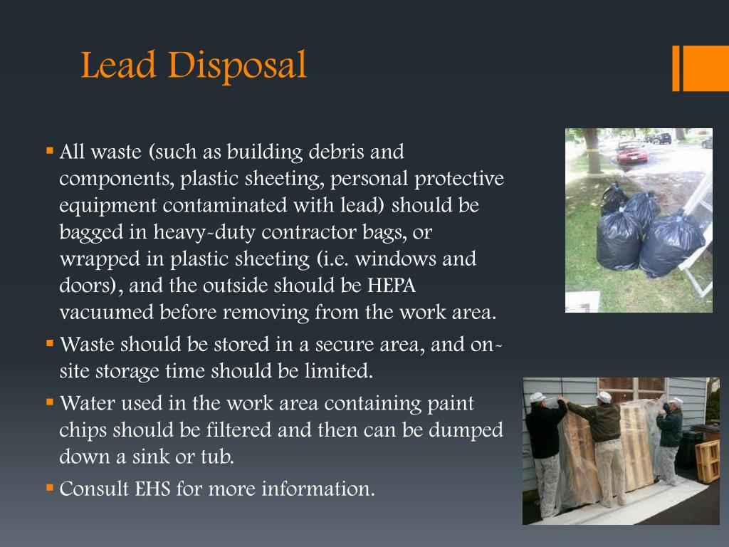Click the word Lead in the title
pos(118,66)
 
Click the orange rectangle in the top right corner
pos(706,68)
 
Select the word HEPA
pos(391,286)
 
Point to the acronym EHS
pos(150,489)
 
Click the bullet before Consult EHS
pos(50,489)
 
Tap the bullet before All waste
pos(50,151)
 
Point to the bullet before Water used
pos(50,402)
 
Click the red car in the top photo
pos(631,152)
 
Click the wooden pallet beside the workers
pos(707,460)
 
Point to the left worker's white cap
pos(537,397)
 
